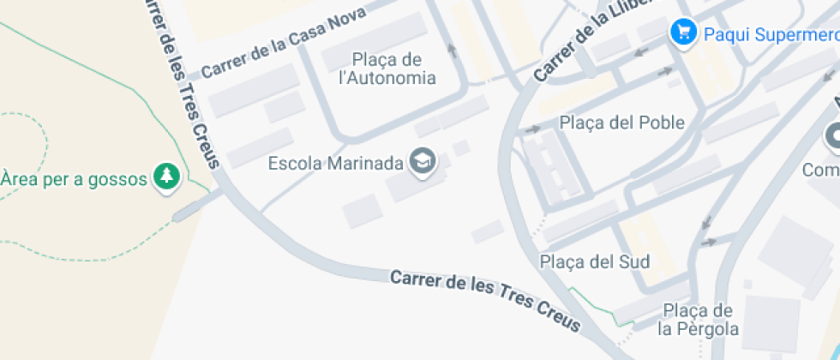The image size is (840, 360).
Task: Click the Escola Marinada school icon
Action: tap(421, 161)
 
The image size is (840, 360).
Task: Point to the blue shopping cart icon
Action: tap(683, 33)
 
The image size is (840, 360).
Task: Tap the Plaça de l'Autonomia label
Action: tap(387, 69)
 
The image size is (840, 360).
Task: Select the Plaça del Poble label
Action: tap(622, 123)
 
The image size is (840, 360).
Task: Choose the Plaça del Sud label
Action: tap(595, 261)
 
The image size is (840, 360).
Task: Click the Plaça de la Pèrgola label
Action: tap(698, 320)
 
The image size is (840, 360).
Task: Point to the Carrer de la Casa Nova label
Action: tap(283, 41)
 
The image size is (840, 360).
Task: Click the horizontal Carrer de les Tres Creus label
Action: tap(485, 300)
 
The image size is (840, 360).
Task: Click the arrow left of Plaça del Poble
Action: tap(531, 129)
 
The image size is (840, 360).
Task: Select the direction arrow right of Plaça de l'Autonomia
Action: tap(452, 50)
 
